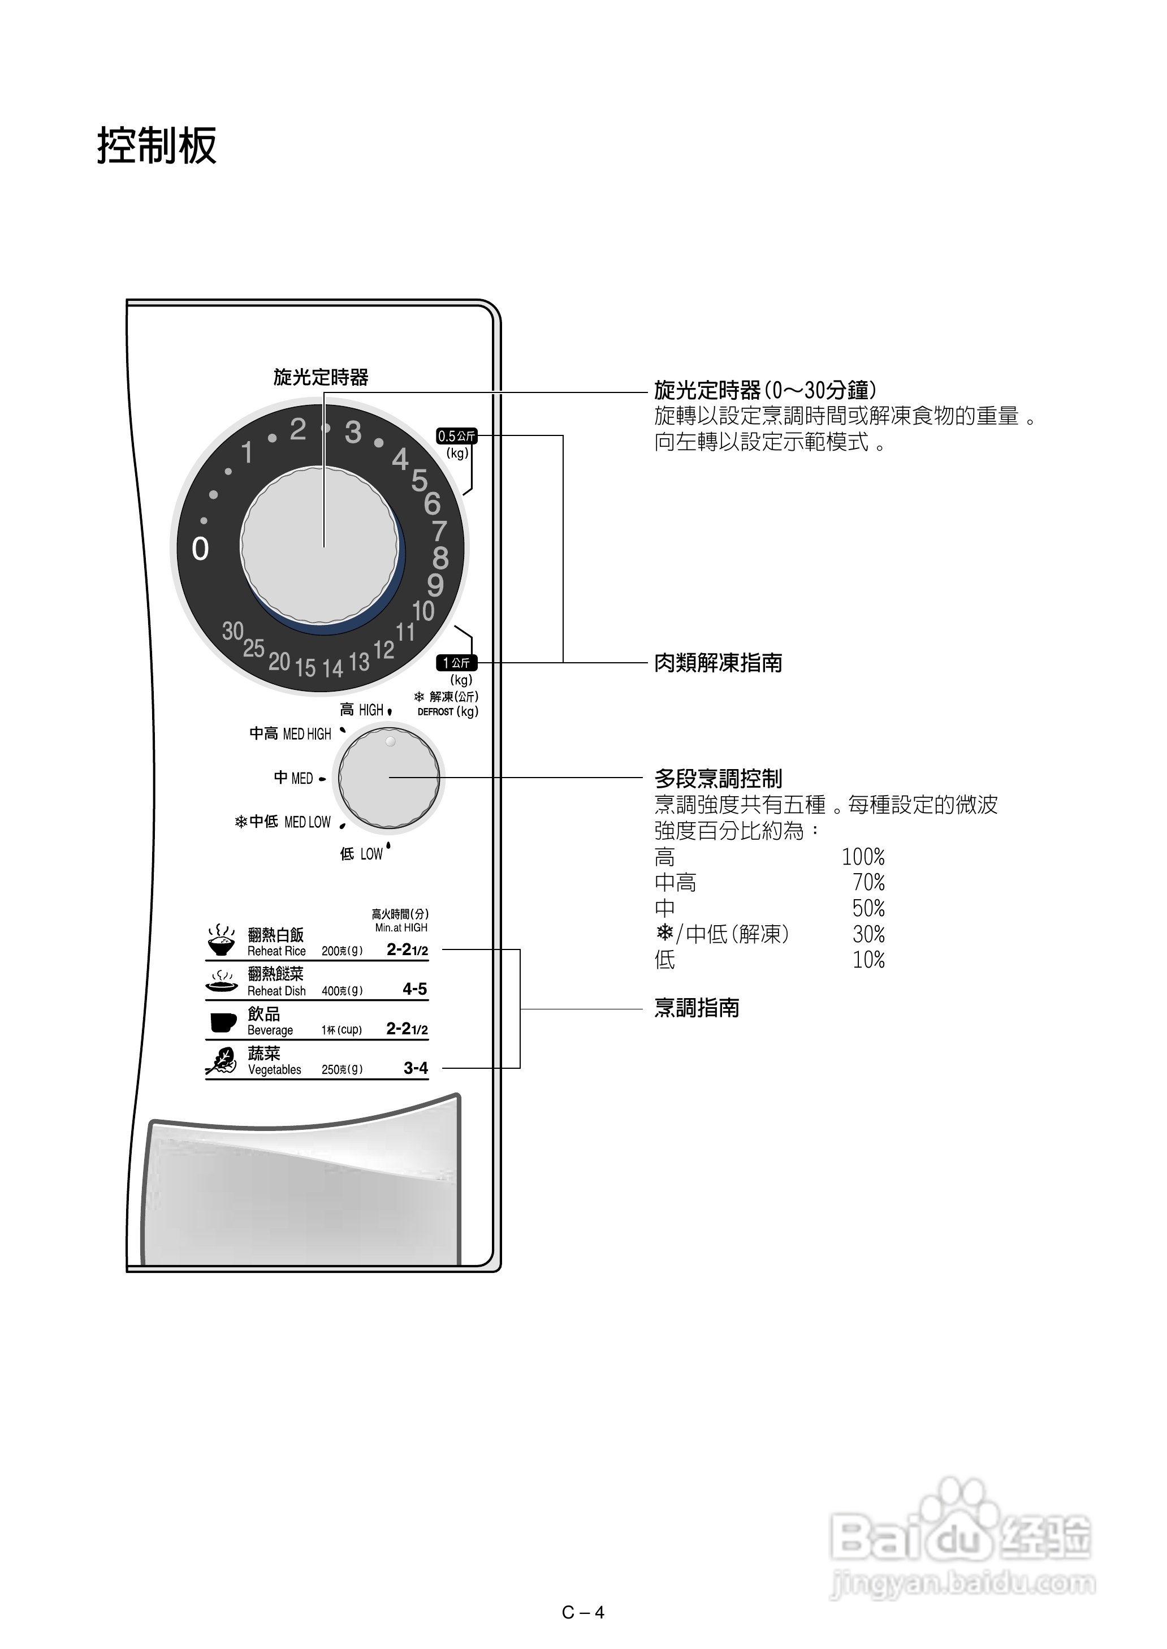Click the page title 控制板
157,146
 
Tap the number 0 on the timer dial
201,549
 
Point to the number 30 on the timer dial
232,631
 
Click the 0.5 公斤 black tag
456,436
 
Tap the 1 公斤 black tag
456,662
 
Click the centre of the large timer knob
320,546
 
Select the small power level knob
389,778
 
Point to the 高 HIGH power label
362,710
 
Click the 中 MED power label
294,778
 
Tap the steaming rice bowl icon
221,940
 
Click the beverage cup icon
223,1022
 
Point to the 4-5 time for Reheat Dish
414,990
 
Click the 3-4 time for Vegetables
416,1068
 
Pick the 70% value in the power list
868,882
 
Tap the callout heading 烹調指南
697,1008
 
